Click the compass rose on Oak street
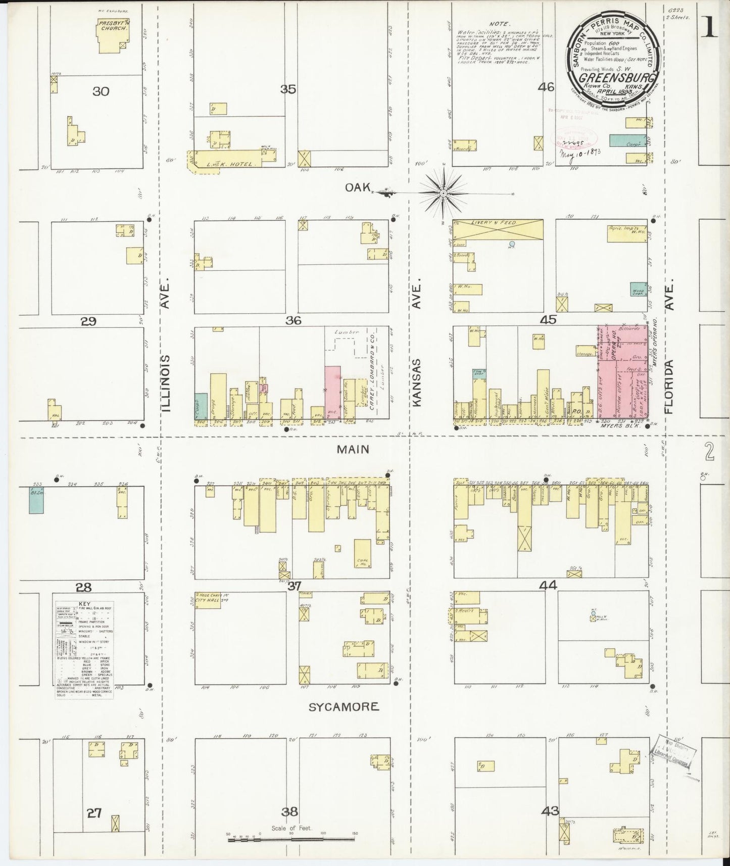443,193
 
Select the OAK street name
356,187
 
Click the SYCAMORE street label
344,706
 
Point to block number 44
548,585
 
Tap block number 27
94,813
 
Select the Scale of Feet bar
293,839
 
